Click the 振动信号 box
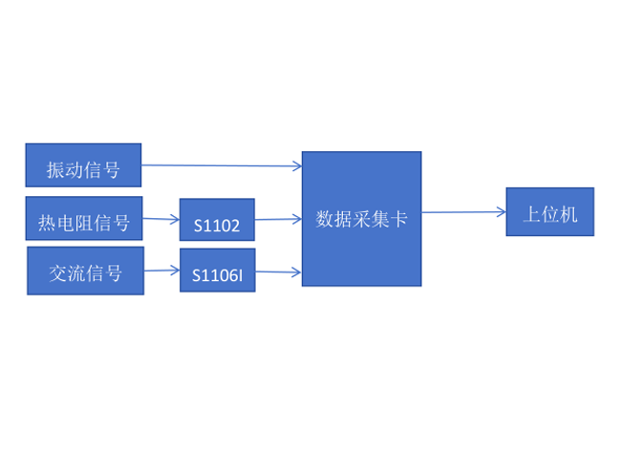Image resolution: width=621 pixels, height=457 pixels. click(x=83, y=165)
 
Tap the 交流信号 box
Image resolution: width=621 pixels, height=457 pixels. click(x=85, y=271)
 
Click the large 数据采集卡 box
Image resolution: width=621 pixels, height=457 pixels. click(x=361, y=218)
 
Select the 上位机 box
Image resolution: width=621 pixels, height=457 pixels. click(x=549, y=211)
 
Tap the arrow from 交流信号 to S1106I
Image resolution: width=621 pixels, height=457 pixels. click(x=161, y=271)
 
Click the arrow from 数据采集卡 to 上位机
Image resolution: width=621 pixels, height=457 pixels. click(x=463, y=212)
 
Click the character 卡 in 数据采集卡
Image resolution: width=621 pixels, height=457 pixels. click(x=399, y=219)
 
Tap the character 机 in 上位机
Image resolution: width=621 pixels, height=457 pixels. click(x=568, y=213)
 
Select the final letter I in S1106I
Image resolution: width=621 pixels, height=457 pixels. click(x=241, y=275)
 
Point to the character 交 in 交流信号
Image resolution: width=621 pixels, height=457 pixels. click(x=57, y=273)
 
